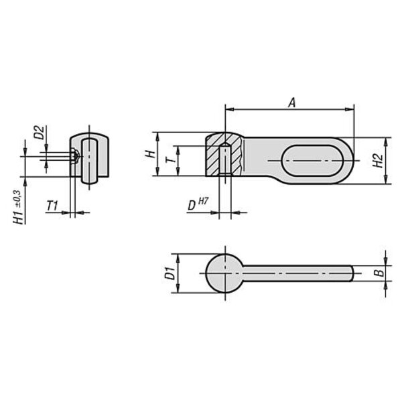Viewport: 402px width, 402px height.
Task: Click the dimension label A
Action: coord(291,103)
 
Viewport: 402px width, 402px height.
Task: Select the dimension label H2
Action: coord(378,161)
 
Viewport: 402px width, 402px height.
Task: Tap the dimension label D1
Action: coord(170,273)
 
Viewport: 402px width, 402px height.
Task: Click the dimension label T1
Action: coord(52,206)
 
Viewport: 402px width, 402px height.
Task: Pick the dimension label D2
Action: coord(40,132)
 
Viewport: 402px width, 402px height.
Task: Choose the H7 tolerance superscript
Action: coord(203,202)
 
